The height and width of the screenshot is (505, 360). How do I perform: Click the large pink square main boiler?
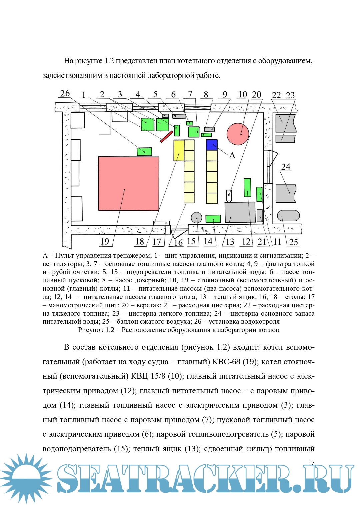pyautogui.click(x=128, y=183)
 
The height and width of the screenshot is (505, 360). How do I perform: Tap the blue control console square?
pyautogui.click(x=212, y=145)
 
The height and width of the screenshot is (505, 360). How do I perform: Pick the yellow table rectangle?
pyautogui.click(x=179, y=150)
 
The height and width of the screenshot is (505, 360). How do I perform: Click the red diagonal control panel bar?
pyautogui.click(x=166, y=137)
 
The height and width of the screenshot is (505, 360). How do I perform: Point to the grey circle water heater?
pyautogui.click(x=197, y=218)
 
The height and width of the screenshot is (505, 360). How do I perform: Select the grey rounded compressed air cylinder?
pyautogui.click(x=288, y=216)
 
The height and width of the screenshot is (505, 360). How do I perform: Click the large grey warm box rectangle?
pyautogui.click(x=240, y=212)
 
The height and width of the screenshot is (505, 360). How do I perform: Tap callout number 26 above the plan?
pyautogui.click(x=65, y=94)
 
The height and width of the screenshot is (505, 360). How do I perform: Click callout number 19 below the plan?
pyautogui.click(x=105, y=241)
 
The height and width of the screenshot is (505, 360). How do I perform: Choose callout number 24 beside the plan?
pyautogui.click(x=286, y=167)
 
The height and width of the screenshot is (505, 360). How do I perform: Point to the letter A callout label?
pyautogui.click(x=232, y=155)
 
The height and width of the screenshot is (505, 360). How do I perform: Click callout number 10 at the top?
pyautogui.click(x=242, y=95)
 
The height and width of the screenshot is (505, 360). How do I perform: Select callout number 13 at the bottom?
pyautogui.click(x=230, y=242)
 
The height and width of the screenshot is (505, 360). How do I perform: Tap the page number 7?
pyautogui.click(x=312, y=463)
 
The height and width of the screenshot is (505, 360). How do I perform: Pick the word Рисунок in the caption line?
pyautogui.click(x=91, y=330)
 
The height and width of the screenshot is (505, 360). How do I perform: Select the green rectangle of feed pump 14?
pyautogui.click(x=213, y=219)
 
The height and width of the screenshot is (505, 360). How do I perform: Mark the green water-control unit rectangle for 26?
pyautogui.click(x=144, y=151)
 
